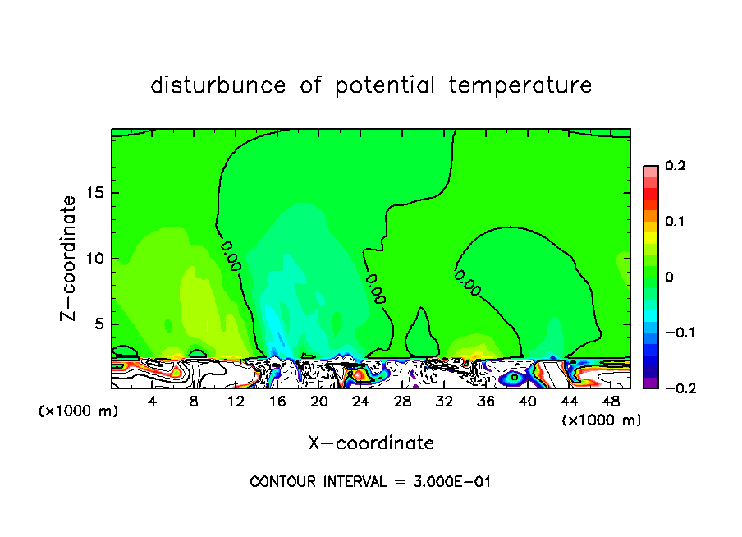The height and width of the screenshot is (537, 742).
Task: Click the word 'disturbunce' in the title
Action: point(218,85)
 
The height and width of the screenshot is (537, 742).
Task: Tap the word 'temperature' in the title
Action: point(520,85)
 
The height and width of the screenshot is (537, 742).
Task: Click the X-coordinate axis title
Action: point(371,443)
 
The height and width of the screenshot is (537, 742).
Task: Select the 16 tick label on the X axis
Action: point(277,402)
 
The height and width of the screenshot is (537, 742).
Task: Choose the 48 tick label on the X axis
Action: point(610,402)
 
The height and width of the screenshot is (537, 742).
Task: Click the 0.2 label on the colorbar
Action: point(675,166)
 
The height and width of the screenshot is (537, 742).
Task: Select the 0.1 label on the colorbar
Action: point(675,222)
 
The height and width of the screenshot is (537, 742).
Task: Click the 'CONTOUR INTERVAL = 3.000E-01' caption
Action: point(370,482)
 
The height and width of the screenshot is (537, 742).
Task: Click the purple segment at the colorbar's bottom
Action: point(651,383)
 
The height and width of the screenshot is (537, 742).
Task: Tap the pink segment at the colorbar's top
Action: point(651,171)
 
